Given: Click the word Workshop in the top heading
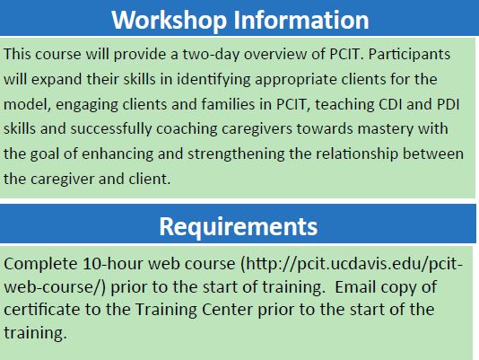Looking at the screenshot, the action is click(169, 21).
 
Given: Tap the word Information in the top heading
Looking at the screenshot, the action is click(301, 20).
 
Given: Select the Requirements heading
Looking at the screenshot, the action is click(239, 227).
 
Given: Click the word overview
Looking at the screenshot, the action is click(282, 54).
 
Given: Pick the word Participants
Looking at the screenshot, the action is click(409, 55).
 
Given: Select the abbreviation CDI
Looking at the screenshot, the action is click(390, 104).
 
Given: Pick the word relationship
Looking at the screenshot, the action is click(357, 154).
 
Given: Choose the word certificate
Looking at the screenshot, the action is click(41, 310).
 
